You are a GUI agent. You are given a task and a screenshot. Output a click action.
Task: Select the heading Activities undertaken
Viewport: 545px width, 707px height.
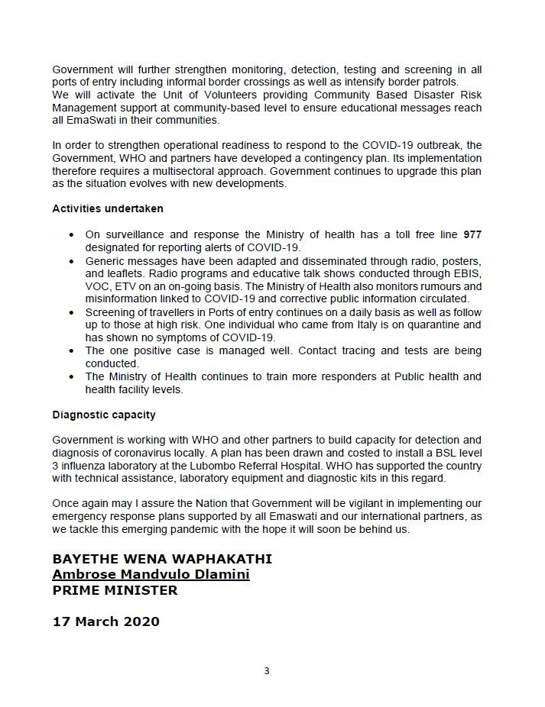pos(108,208)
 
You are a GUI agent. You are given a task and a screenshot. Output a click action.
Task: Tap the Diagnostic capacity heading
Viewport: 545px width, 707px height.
pos(104,415)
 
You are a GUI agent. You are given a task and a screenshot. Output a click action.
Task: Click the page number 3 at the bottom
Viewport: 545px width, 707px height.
pos(267,671)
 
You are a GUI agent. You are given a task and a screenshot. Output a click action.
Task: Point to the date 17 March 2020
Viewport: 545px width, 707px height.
pos(106,621)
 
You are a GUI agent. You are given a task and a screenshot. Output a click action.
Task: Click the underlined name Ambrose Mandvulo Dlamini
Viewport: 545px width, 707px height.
pos(151,574)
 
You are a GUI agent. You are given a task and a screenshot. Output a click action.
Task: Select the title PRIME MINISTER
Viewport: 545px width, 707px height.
pos(115,590)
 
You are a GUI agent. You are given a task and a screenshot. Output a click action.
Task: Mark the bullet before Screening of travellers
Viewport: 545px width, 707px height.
pos(72,312)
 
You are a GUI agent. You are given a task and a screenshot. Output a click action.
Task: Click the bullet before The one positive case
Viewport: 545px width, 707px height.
pos(72,351)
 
